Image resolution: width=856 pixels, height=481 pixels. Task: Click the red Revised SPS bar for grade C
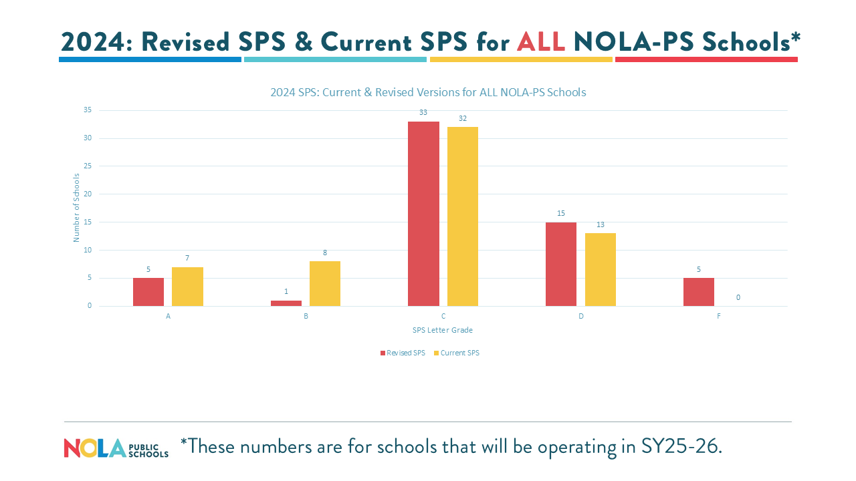click(423, 214)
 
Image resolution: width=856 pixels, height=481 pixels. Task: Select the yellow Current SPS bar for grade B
click(325, 283)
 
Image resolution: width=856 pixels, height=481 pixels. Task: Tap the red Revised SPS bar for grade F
click(699, 292)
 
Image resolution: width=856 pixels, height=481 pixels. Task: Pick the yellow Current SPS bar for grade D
click(601, 269)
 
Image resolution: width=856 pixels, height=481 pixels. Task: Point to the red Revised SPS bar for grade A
click(148, 292)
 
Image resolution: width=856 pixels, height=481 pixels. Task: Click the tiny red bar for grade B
click(286, 303)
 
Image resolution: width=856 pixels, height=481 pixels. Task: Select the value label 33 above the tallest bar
click(423, 113)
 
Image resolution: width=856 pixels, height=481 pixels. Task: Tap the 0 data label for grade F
click(738, 297)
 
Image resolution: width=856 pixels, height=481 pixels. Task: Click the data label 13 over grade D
click(601, 224)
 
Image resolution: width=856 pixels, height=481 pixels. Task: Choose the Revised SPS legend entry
click(403, 353)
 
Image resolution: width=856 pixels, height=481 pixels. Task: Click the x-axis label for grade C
click(443, 316)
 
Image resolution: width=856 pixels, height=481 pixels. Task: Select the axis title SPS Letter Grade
click(443, 330)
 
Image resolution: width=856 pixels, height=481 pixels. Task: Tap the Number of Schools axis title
click(76, 207)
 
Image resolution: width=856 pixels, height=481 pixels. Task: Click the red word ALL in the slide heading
click(541, 41)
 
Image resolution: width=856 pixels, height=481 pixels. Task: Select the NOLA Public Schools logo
click(116, 448)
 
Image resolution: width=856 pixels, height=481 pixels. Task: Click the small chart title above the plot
click(428, 92)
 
